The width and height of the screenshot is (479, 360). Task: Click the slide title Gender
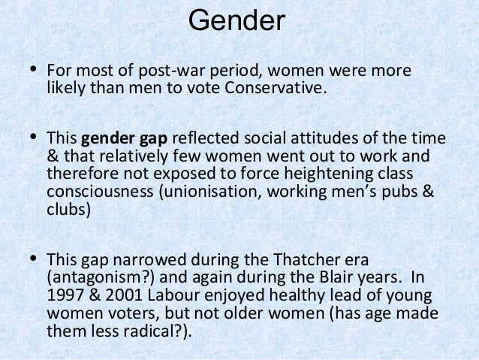[236, 20]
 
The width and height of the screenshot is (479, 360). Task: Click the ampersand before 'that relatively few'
[53, 156]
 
